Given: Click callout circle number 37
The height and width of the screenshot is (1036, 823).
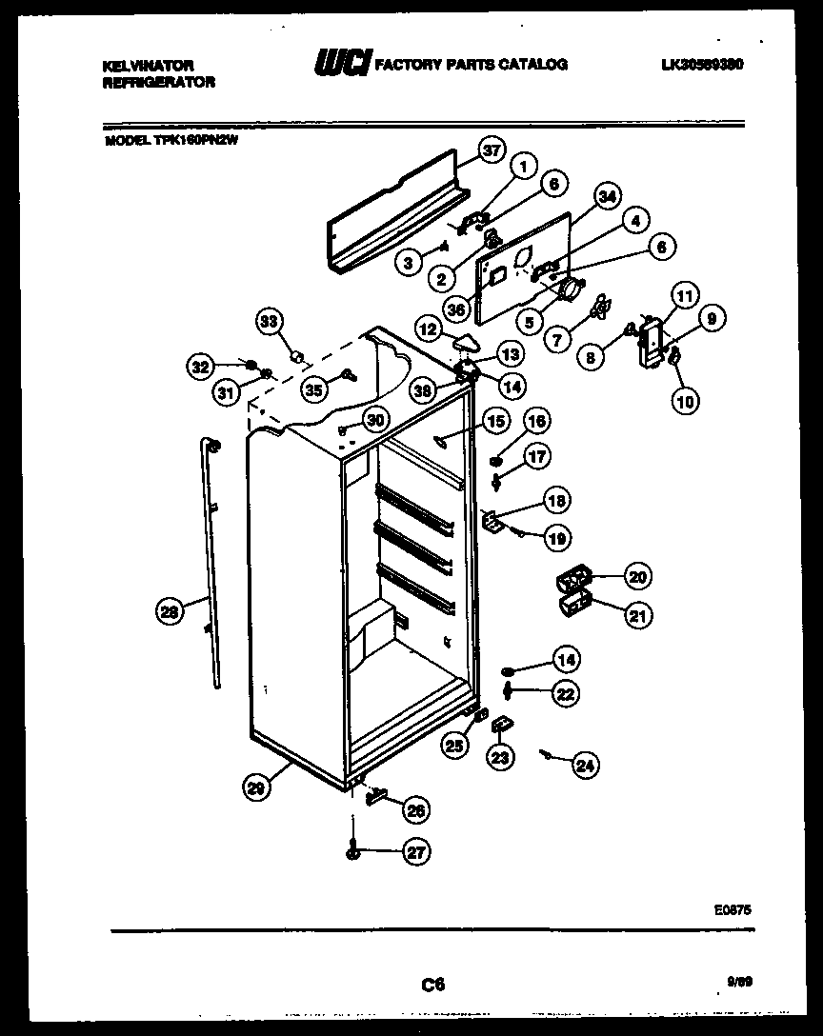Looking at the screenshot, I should click(490, 150).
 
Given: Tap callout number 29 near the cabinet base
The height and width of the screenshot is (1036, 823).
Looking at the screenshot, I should click(254, 787).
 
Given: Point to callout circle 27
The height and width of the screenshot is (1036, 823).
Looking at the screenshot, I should click(415, 852).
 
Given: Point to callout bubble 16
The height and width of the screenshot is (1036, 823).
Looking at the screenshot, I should click(537, 421).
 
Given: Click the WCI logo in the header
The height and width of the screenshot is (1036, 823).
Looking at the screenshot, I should click(342, 65).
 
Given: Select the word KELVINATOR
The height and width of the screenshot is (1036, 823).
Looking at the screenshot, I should click(148, 66).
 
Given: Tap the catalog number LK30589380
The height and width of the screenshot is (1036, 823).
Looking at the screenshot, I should click(701, 65).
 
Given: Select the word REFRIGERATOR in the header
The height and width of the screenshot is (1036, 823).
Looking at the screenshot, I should click(157, 83).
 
